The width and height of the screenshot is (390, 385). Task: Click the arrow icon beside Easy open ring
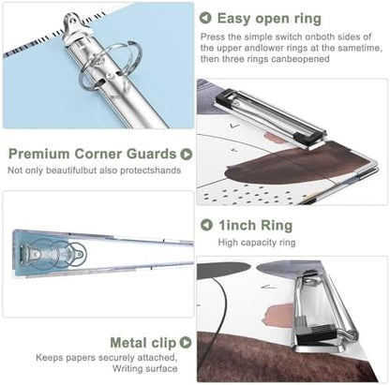pos(205,18)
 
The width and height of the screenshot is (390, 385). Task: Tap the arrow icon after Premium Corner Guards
pos(187,154)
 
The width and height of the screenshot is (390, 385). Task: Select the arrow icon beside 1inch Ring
pos(206,225)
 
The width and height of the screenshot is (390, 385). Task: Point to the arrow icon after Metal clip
pos(186,342)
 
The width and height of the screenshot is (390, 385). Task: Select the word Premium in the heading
pos(39,154)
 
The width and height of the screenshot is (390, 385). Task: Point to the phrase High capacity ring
pos(257,243)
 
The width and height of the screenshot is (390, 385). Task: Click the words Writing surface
pos(145,368)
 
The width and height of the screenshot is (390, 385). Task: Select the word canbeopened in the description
pos(300,59)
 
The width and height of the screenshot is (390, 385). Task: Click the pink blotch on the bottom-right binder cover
pos(278,316)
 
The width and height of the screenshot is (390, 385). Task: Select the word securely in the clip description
pos(116,357)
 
